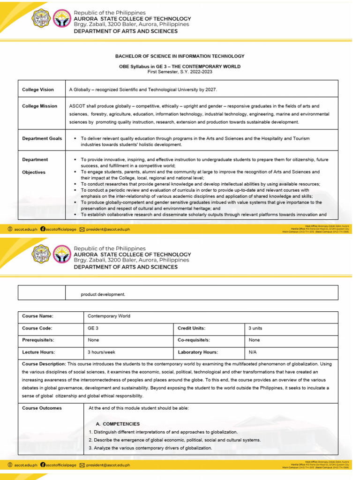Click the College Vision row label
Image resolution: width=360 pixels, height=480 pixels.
(x=38, y=90)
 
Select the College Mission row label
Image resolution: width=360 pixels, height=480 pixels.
(x=39, y=106)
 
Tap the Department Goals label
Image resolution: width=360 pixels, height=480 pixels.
(x=42, y=139)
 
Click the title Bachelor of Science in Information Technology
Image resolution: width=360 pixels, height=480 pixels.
(x=180, y=56)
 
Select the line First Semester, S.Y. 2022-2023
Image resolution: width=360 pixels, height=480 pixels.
(x=180, y=71)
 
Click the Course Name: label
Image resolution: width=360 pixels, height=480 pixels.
(x=37, y=316)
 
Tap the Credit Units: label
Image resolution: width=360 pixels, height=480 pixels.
(x=192, y=328)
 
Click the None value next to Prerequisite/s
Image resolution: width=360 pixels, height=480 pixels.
(x=93, y=340)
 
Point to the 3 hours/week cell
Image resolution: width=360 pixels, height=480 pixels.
(x=102, y=352)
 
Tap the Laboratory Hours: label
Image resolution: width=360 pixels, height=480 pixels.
(x=198, y=352)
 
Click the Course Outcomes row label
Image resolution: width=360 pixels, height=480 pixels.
(x=42, y=408)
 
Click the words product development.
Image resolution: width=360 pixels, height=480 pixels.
(x=103, y=294)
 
